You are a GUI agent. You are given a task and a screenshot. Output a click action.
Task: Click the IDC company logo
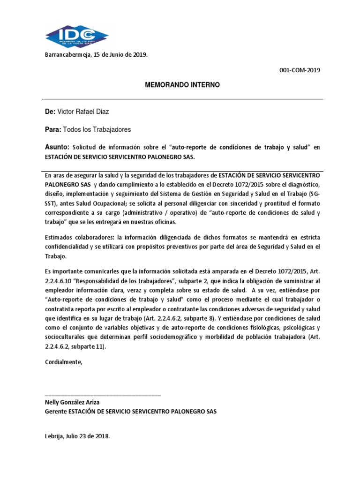tap(77, 37)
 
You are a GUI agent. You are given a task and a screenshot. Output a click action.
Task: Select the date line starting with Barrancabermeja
tap(96, 55)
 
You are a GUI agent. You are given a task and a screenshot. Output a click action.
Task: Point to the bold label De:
tap(50, 111)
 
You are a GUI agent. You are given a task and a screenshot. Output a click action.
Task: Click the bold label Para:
tap(52, 129)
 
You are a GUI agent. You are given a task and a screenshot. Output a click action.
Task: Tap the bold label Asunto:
tap(57, 147)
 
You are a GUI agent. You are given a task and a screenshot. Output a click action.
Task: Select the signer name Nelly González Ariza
tap(72, 402)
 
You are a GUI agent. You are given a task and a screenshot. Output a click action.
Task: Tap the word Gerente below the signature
tap(56, 411)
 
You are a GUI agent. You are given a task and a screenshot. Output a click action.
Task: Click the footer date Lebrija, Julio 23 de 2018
tap(77, 436)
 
